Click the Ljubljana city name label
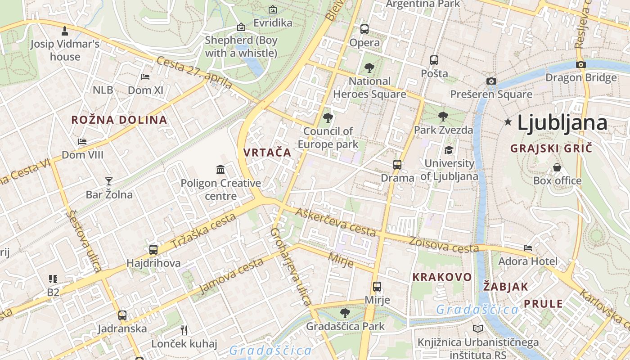(x=562, y=123)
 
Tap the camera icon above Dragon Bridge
(x=580, y=64)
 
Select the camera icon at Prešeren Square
(x=491, y=81)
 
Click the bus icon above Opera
(x=364, y=29)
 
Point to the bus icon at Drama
(x=397, y=164)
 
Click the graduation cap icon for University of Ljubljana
(x=449, y=150)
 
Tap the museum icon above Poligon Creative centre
(x=220, y=170)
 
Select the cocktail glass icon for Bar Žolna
(x=108, y=181)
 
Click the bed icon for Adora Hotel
(x=528, y=247)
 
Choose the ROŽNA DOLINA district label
(x=119, y=120)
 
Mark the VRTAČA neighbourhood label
(x=267, y=153)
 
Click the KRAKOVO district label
(x=442, y=277)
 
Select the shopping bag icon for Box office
(x=557, y=167)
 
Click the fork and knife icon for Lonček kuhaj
(x=184, y=330)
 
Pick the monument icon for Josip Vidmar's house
(x=65, y=31)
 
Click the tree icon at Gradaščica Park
(x=345, y=313)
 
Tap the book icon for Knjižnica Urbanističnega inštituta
(x=478, y=329)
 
